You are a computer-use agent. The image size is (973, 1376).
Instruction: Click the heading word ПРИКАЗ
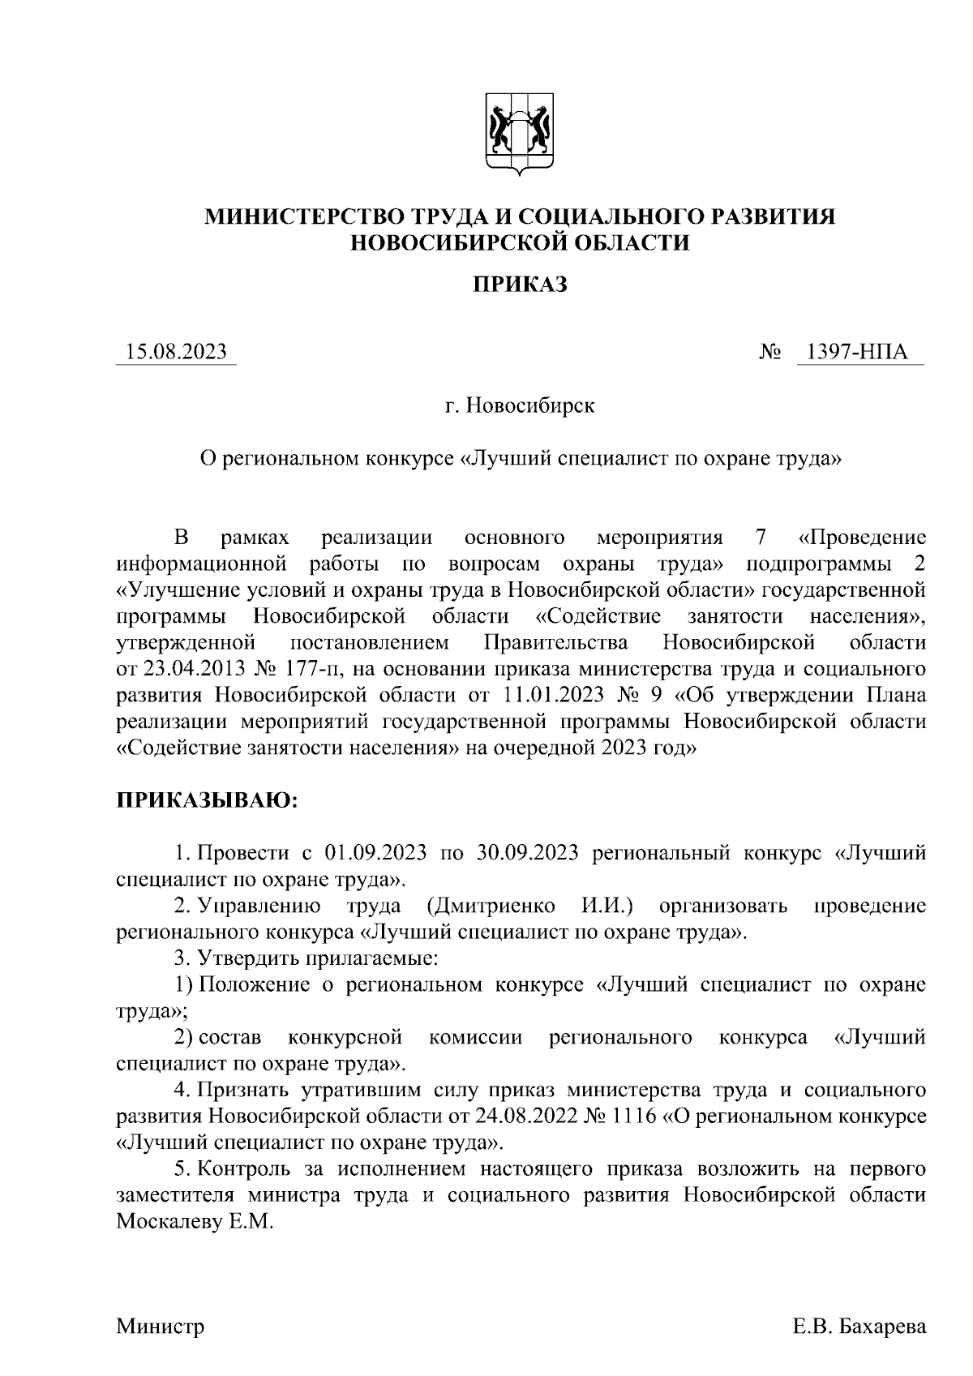(520, 285)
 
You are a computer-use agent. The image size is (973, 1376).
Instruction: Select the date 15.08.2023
(176, 353)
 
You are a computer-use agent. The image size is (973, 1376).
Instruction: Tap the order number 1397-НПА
(861, 353)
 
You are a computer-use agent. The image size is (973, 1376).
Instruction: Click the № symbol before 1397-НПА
(771, 354)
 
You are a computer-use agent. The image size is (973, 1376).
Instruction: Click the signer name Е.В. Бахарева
(859, 1327)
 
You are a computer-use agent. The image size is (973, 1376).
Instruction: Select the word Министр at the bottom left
(161, 1327)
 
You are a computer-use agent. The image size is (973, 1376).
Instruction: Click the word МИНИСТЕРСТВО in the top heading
(306, 216)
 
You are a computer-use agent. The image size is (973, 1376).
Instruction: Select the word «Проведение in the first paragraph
(861, 538)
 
